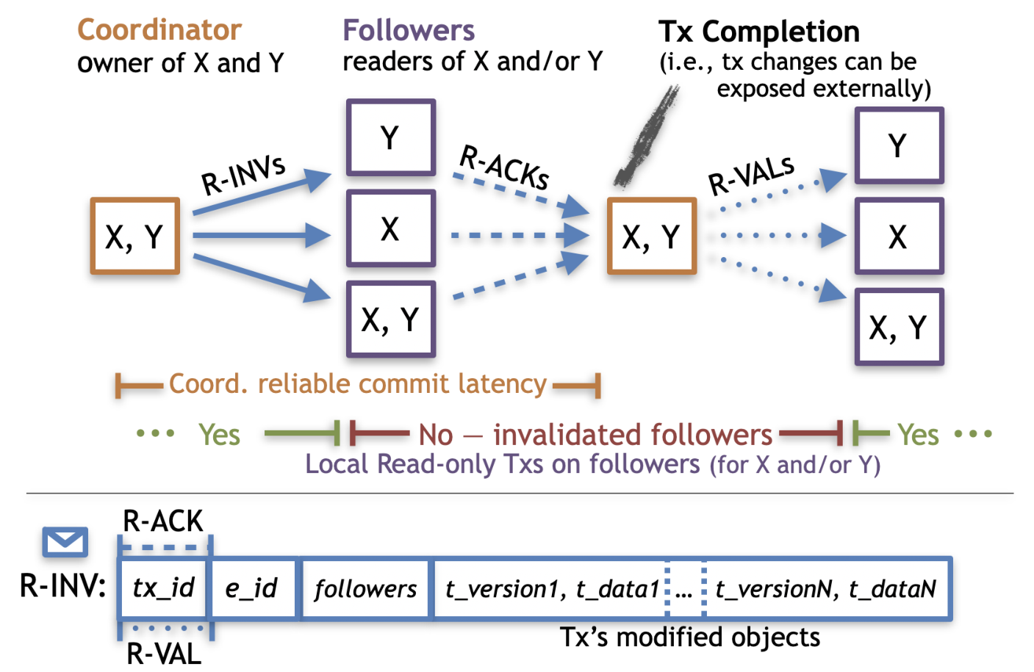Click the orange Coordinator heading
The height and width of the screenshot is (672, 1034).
pyautogui.click(x=159, y=30)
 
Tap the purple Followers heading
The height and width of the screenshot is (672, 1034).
pyautogui.click(x=409, y=30)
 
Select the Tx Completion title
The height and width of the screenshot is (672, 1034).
pyautogui.click(x=758, y=32)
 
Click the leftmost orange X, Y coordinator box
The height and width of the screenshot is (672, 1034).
pyautogui.click(x=134, y=236)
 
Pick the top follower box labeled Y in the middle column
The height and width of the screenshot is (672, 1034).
pyautogui.click(x=391, y=137)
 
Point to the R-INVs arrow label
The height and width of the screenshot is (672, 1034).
pyautogui.click(x=243, y=176)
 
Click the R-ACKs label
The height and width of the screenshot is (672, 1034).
pyautogui.click(x=504, y=167)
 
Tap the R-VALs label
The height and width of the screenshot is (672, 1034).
pyautogui.click(x=751, y=175)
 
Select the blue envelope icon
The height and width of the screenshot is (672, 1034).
pyautogui.click(x=65, y=541)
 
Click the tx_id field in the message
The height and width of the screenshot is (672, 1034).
pyautogui.click(x=163, y=588)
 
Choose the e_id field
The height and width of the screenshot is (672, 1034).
pyautogui.click(x=251, y=588)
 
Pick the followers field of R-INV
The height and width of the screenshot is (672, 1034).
pyautogui.click(x=365, y=588)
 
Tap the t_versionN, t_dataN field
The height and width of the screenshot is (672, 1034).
pyautogui.click(x=826, y=588)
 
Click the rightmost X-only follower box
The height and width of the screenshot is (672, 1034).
pyautogui.click(x=899, y=236)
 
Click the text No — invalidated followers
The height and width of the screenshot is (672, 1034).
pyautogui.click(x=595, y=435)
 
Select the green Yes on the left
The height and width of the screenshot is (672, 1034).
pyautogui.click(x=219, y=435)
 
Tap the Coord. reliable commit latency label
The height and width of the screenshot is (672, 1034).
pyautogui.click(x=358, y=383)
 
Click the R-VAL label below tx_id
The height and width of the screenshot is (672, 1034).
pyautogui.click(x=164, y=654)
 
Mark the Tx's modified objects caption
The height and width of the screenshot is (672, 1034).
pyautogui.click(x=689, y=637)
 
